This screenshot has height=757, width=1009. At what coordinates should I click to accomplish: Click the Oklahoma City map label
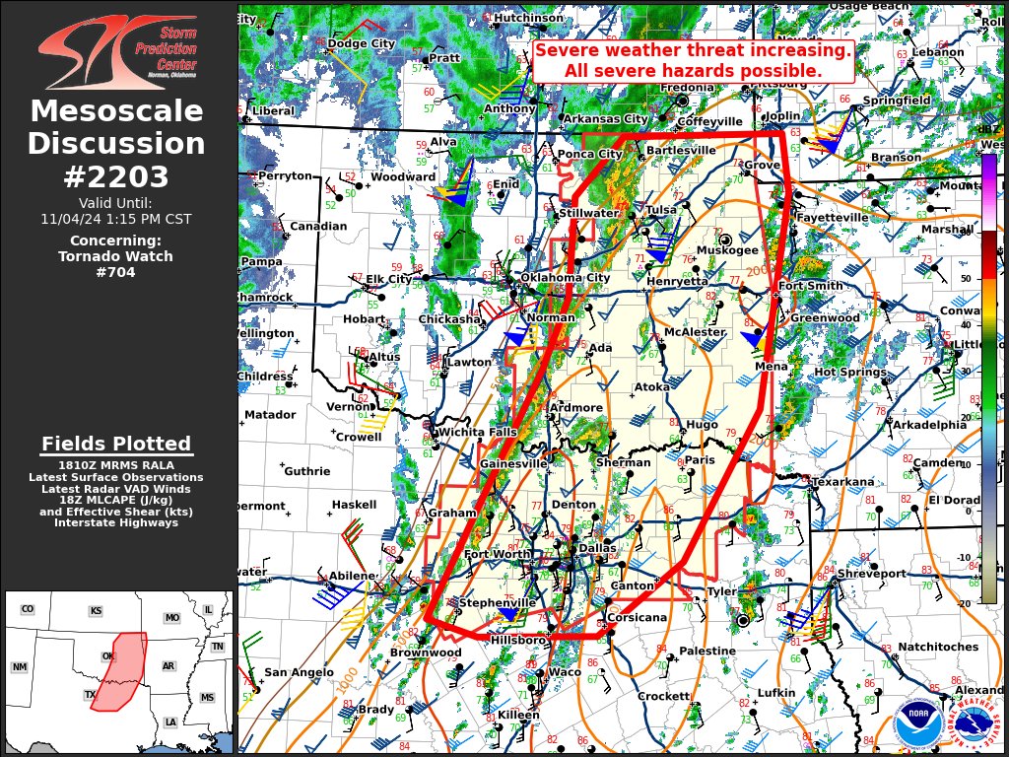point(565,278)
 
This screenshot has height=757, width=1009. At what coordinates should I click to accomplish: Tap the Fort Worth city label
point(498,554)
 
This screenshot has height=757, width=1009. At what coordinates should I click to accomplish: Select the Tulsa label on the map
point(661,210)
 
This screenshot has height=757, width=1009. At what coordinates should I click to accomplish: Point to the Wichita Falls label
point(477,432)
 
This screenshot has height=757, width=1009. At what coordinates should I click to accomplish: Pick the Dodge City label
point(361,43)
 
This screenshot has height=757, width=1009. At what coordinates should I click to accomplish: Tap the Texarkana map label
point(842,482)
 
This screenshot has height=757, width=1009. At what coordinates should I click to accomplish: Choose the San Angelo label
point(298,672)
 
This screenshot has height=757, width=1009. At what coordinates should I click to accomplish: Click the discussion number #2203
point(116,176)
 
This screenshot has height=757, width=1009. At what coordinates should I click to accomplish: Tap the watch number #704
point(116,272)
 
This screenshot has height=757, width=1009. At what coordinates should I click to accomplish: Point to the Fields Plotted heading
point(116,444)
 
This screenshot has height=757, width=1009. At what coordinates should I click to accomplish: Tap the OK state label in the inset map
point(109,656)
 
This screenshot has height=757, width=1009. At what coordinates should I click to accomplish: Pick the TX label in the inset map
point(91,694)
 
